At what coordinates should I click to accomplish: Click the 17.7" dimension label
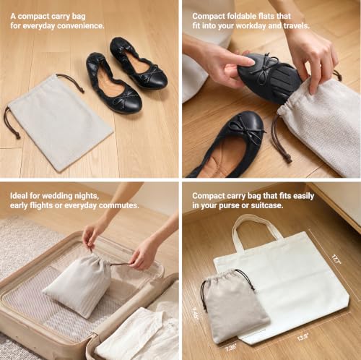click(x=336, y=260)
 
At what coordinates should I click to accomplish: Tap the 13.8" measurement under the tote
click(x=303, y=337)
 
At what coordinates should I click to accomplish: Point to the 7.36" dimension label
click(x=231, y=347)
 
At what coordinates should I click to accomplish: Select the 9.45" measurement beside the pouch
click(x=196, y=312)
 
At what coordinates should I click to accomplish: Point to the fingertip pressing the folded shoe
click(x=251, y=62)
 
